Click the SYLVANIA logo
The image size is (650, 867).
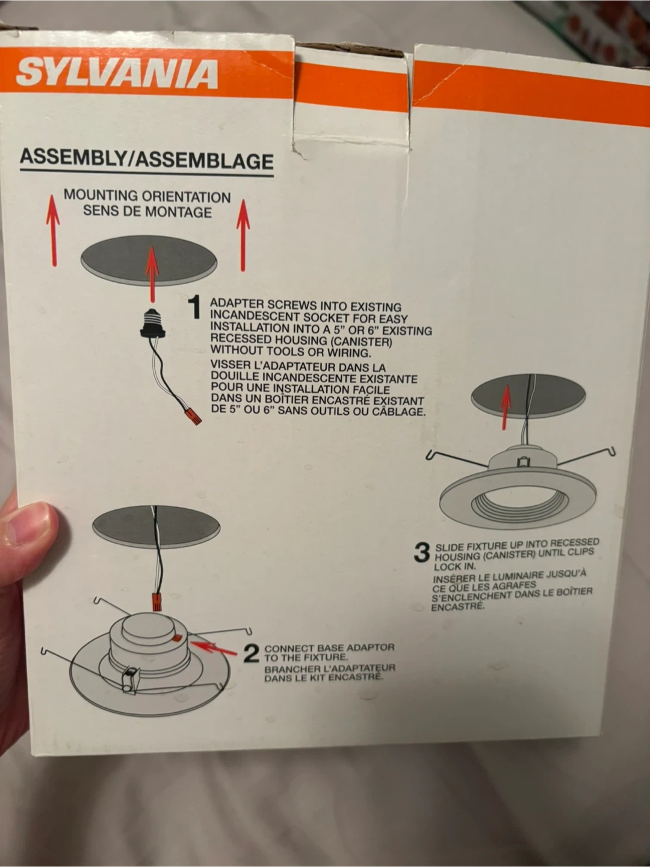pyautogui.click(x=117, y=73)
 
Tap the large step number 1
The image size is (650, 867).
pyautogui.click(x=194, y=308)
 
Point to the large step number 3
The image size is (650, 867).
pyautogui.click(x=421, y=552)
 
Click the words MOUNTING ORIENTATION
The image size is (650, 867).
pyautogui.click(x=147, y=196)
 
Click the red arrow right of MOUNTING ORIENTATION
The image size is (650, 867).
pyautogui.click(x=243, y=235)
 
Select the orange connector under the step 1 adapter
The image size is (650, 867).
pyautogui.click(x=194, y=416)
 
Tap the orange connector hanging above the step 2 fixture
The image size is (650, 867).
pyautogui.click(x=157, y=601)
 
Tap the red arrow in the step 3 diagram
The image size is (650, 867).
pyautogui.click(x=505, y=408)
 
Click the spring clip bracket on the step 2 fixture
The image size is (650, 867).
pyautogui.click(x=131, y=679)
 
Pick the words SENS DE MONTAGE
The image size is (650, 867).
pyautogui.click(x=147, y=211)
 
